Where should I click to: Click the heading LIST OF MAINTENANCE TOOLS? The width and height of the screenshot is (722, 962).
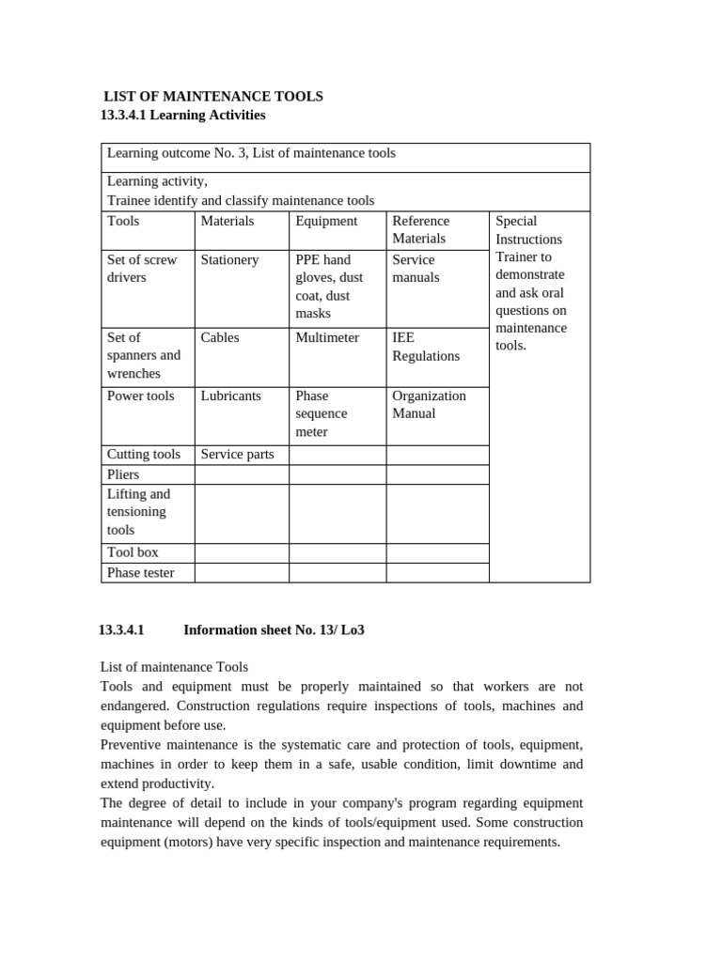point(212,96)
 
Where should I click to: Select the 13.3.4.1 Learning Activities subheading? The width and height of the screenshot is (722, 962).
point(182,115)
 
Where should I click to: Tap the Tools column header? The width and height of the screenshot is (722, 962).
point(123,221)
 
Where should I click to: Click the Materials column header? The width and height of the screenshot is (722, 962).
point(228,221)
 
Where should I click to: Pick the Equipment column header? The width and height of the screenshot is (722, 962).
point(326,221)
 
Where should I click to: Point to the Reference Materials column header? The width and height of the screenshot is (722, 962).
point(420,229)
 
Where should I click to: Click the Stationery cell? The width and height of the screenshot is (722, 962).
point(229,259)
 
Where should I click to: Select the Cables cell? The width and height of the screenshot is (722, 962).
point(220,337)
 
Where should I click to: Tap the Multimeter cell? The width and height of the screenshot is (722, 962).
point(327,337)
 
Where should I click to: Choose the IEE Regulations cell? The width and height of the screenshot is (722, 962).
point(425,347)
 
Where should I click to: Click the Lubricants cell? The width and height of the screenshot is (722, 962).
point(231,396)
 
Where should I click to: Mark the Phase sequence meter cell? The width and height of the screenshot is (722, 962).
point(322,413)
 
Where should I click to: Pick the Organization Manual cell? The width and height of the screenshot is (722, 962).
point(429,404)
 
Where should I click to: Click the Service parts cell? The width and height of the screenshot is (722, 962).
point(237,454)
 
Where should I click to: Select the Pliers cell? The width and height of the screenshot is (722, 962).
point(123,474)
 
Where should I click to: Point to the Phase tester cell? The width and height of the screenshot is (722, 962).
point(141,572)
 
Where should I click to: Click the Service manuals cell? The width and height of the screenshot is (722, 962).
point(416,269)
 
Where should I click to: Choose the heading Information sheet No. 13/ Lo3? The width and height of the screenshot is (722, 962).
point(274,629)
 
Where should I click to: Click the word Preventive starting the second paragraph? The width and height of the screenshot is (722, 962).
point(133,744)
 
